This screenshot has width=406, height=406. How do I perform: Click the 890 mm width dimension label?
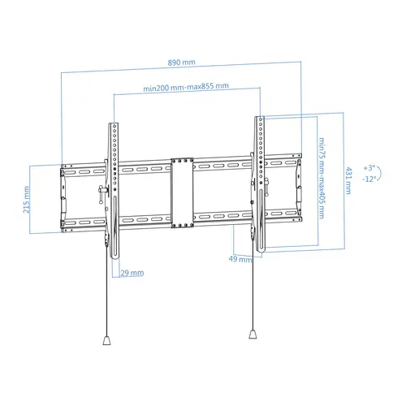tap(181, 63)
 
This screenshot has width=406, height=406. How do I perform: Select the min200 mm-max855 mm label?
tap(186, 87)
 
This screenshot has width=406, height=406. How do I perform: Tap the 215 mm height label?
tap(26, 200)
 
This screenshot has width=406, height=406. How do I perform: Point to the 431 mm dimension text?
tap(348, 180)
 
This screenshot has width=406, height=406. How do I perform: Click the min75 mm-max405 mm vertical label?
tap(322, 178)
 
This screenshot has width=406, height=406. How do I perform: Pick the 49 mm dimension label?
tap(240, 259)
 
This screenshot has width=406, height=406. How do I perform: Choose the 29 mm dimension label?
tap(132, 273)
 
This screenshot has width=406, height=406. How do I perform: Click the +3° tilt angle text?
tap(369, 168)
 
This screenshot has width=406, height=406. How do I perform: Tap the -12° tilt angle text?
tap(369, 179)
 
